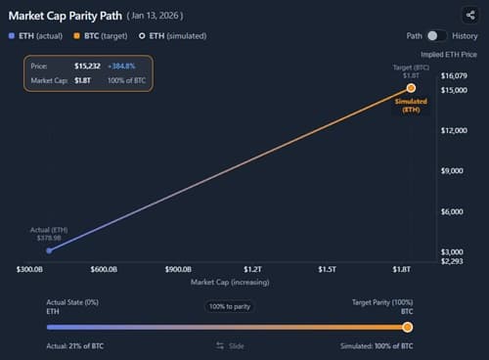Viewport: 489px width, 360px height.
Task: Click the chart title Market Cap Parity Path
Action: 65,16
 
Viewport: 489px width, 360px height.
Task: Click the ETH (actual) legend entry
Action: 34,35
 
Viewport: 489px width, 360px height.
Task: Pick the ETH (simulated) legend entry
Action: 172,35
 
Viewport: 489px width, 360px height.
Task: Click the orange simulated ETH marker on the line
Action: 411,88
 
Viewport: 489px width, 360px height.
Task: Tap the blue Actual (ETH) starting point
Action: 49,250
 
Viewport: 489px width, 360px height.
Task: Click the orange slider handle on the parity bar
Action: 408,327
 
